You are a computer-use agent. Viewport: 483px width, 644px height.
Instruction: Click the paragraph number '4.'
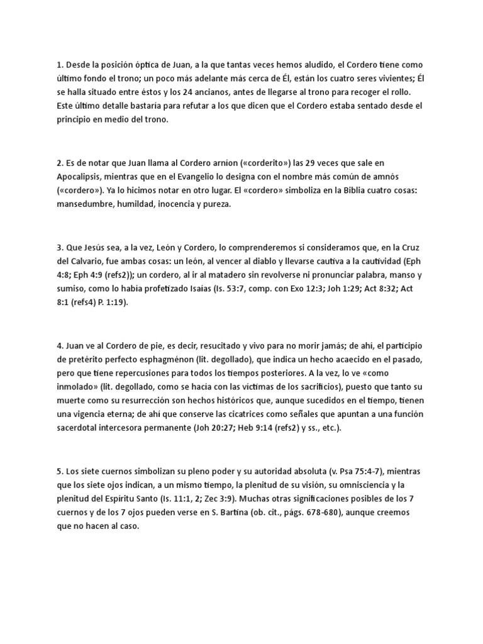(x=60, y=345)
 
